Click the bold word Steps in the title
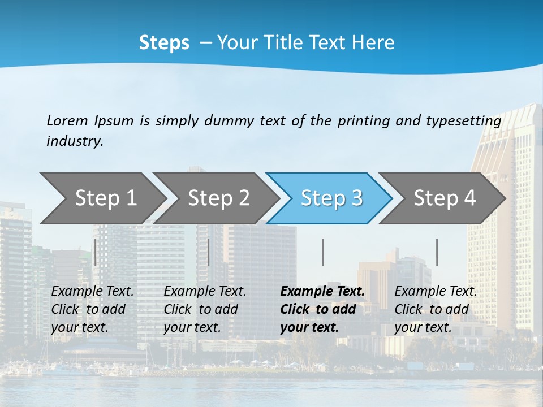[164, 43]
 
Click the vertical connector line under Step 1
[96, 252]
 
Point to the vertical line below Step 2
[209, 252]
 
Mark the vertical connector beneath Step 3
[322, 252]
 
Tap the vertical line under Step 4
[437, 252]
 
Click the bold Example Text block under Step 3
[322, 309]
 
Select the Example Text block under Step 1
[92, 309]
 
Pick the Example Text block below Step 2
[205, 309]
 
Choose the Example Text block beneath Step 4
[436, 309]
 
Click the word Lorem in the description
[67, 120]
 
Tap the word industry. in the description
[75, 141]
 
